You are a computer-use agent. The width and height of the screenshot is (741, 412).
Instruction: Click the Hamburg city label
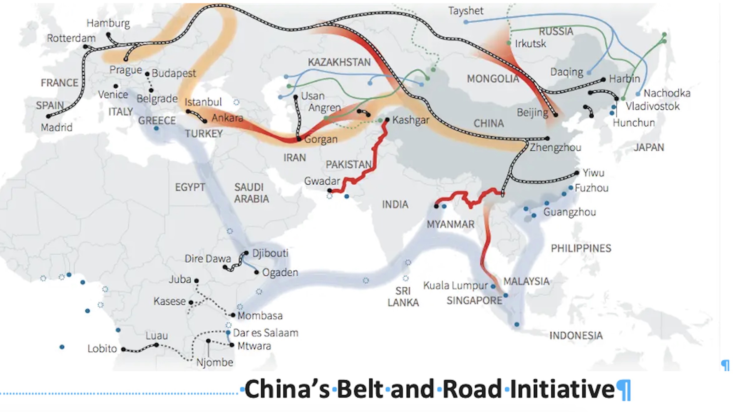pyautogui.click(x=108, y=23)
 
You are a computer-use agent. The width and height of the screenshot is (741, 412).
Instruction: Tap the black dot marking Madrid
pyautogui.click(x=48, y=117)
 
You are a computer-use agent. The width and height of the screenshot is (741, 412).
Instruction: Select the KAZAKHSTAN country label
pyautogui.click(x=339, y=62)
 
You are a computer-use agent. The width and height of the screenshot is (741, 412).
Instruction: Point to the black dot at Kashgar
pyautogui.click(x=387, y=120)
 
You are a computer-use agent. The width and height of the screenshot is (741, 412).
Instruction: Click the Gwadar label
pyautogui.click(x=322, y=181)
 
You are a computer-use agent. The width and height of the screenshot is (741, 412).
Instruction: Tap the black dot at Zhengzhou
pyautogui.click(x=547, y=138)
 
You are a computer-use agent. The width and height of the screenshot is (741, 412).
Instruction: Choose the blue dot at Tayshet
pyautogui.click(x=466, y=22)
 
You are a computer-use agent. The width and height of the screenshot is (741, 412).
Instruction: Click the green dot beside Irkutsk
pyautogui.click(x=509, y=43)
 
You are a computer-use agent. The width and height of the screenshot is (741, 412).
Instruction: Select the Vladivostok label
pyautogui.click(x=652, y=106)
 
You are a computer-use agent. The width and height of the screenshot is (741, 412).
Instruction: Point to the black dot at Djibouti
pyautogui.click(x=246, y=253)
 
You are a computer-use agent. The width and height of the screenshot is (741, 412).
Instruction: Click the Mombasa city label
pyautogui.click(x=260, y=316)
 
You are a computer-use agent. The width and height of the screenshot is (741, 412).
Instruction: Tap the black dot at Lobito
pyautogui.click(x=123, y=349)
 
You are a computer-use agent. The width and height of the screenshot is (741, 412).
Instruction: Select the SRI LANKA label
pyautogui.click(x=403, y=296)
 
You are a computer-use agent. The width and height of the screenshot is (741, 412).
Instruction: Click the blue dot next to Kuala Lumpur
pyautogui.click(x=493, y=286)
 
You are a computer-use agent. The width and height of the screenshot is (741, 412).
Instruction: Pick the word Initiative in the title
pyautogui.click(x=562, y=389)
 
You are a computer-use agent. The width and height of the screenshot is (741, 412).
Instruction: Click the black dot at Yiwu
pyautogui.click(x=576, y=173)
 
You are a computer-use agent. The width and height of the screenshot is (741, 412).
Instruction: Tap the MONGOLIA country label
pyautogui.click(x=493, y=79)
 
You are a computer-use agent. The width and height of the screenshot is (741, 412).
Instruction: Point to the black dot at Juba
pyautogui.click(x=197, y=281)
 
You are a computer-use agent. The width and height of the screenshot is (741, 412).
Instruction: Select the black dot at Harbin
pyautogui.click(x=603, y=79)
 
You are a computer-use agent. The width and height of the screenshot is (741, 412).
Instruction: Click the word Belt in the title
pyautogui.click(x=359, y=389)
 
